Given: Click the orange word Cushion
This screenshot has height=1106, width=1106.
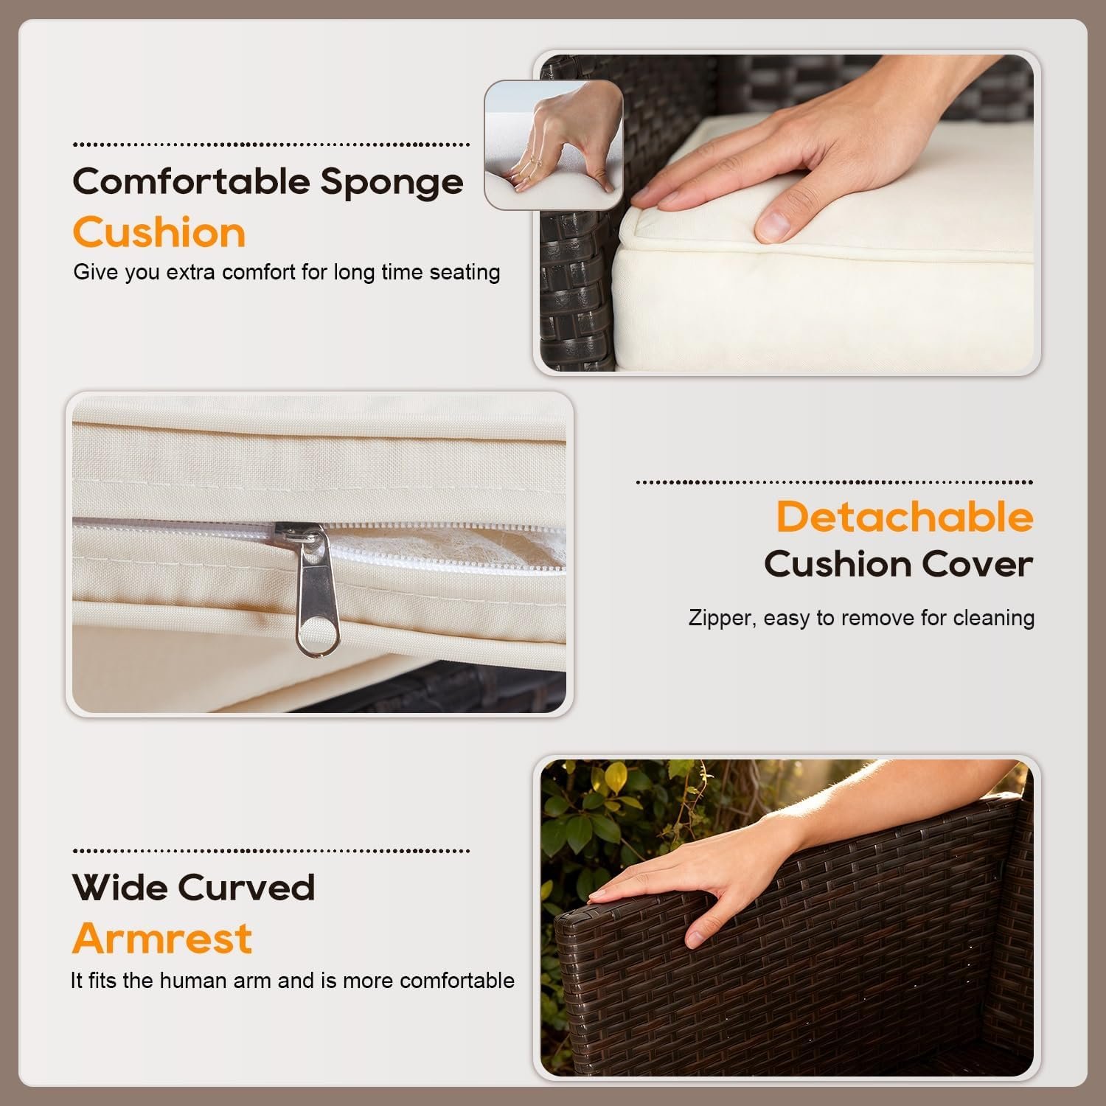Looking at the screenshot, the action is click(x=159, y=233).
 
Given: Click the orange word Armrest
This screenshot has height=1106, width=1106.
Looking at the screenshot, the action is click(x=162, y=939).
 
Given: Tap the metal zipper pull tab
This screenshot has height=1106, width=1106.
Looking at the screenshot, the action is click(x=316, y=590).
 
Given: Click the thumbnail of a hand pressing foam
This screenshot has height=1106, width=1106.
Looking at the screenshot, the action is click(x=554, y=145).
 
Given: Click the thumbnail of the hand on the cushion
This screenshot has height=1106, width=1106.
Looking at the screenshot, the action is click(x=787, y=213).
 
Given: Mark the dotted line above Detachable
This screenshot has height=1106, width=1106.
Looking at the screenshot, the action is click(x=834, y=483).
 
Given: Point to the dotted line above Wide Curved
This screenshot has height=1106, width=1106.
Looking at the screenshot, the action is click(x=271, y=851).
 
